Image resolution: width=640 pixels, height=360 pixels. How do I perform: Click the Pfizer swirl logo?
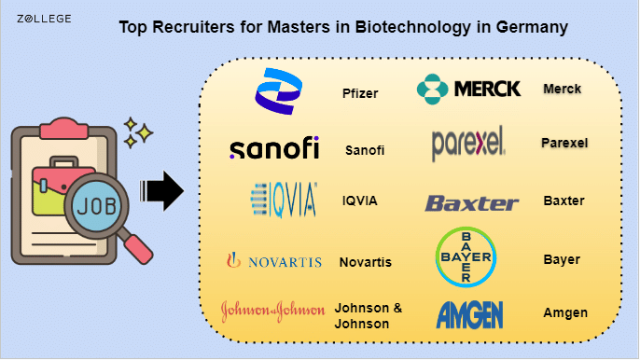click(x=278, y=91)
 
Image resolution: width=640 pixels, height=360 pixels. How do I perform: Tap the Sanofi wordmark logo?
click(x=274, y=147)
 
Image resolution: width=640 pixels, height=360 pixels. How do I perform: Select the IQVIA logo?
click(x=284, y=200)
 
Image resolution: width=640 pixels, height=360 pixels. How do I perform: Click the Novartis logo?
click(x=274, y=260)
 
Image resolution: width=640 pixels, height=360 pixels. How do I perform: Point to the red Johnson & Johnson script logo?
click(x=273, y=312)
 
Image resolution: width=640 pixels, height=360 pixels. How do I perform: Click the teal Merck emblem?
click(x=432, y=89)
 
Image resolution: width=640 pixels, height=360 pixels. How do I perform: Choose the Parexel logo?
click(x=468, y=144)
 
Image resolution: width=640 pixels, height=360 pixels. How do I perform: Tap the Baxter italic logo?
click(x=472, y=203)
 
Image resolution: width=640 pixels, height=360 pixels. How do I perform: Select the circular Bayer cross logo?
click(x=466, y=257)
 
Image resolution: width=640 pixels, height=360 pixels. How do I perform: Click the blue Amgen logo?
click(x=470, y=314)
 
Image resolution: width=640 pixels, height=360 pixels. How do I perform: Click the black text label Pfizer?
click(x=360, y=93)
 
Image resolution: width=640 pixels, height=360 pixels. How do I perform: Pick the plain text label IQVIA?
click(x=359, y=201)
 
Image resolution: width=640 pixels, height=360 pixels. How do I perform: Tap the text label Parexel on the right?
click(x=564, y=143)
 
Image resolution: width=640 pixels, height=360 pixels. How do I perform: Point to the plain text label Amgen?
click(x=565, y=313)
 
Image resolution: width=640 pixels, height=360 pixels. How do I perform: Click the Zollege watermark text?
click(x=44, y=19)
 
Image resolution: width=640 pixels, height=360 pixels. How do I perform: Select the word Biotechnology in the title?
click(x=413, y=27)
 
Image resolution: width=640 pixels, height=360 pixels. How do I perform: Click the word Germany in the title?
click(x=532, y=27)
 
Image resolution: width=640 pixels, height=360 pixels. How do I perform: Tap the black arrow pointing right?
click(x=161, y=190)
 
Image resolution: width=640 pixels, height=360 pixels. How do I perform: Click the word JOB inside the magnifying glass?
click(x=97, y=206)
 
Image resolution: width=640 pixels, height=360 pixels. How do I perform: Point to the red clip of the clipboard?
click(x=64, y=129)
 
